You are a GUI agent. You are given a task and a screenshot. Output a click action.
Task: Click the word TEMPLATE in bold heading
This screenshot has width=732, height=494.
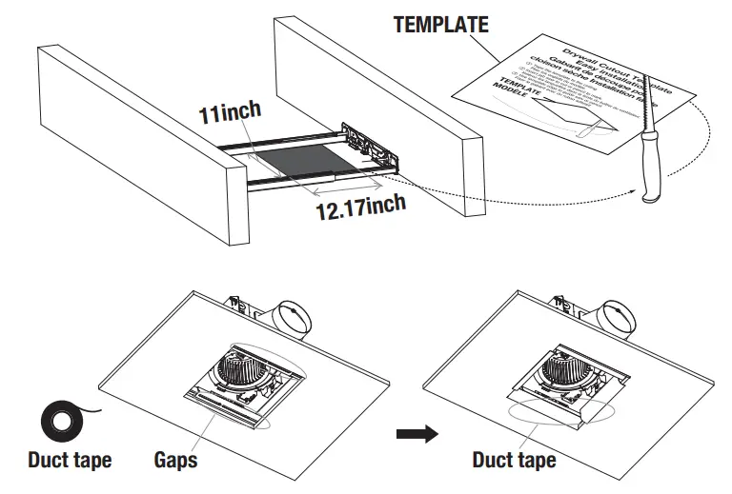coord(440,25)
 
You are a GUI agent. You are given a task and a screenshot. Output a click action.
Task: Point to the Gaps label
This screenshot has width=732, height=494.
coord(175,461)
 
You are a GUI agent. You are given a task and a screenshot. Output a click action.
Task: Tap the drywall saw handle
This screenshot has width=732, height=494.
coord(651,171)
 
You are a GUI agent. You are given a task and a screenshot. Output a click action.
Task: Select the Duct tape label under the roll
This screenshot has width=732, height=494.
coord(69,461)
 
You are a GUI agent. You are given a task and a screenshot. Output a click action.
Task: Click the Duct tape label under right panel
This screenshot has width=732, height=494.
coord(514,461)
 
